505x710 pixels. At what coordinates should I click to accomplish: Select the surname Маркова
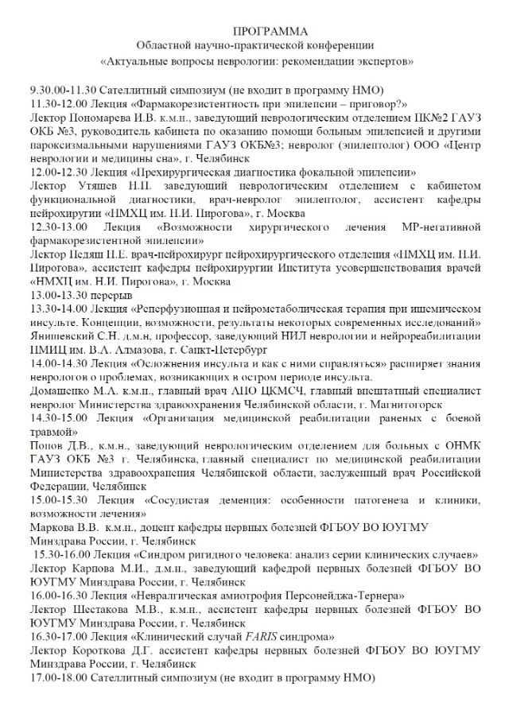coord(52,528)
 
